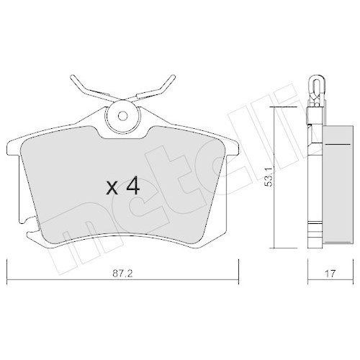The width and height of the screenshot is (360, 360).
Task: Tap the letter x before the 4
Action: [x=112, y=190]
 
